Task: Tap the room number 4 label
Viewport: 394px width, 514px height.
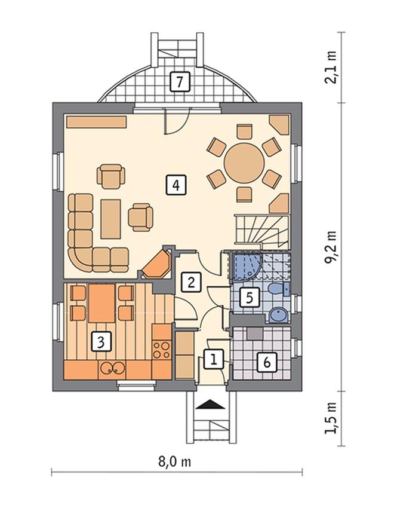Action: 176,186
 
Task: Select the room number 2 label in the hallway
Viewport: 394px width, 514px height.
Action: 191,282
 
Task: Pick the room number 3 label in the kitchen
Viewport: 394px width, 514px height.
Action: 101,342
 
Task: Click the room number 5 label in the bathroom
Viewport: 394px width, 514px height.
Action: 250,298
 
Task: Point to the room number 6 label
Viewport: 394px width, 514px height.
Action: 267,362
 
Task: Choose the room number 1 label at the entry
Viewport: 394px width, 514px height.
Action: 213,360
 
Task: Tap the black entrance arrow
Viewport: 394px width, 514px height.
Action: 211,404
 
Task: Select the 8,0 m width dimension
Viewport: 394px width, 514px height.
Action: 175,462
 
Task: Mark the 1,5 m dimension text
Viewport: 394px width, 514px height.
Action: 331,418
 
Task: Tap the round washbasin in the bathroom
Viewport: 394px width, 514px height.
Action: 279,316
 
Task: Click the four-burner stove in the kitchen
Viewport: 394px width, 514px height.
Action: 162,350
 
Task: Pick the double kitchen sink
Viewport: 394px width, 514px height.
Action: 112,369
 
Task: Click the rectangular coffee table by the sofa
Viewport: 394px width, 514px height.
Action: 110,219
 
